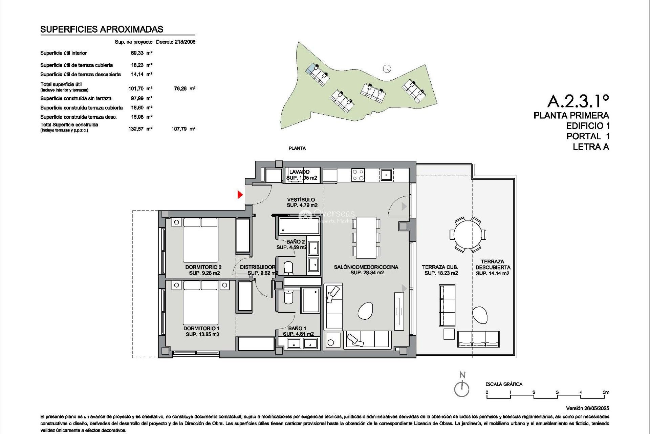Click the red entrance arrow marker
(x=240, y=195)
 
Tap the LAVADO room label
(x=299, y=172)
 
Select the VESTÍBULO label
(x=301, y=200)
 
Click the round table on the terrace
(x=468, y=235)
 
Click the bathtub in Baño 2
(x=299, y=226)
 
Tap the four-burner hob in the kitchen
(x=358, y=175)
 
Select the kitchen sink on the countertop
(x=386, y=175)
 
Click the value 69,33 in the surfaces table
(x=137, y=53)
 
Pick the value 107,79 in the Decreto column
(x=179, y=129)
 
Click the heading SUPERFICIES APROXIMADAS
(x=102, y=29)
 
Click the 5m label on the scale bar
(x=606, y=392)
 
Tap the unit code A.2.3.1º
(x=578, y=101)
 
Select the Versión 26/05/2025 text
(x=587, y=408)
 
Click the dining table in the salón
(x=366, y=237)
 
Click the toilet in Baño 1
(x=289, y=296)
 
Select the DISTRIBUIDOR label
(x=258, y=267)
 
